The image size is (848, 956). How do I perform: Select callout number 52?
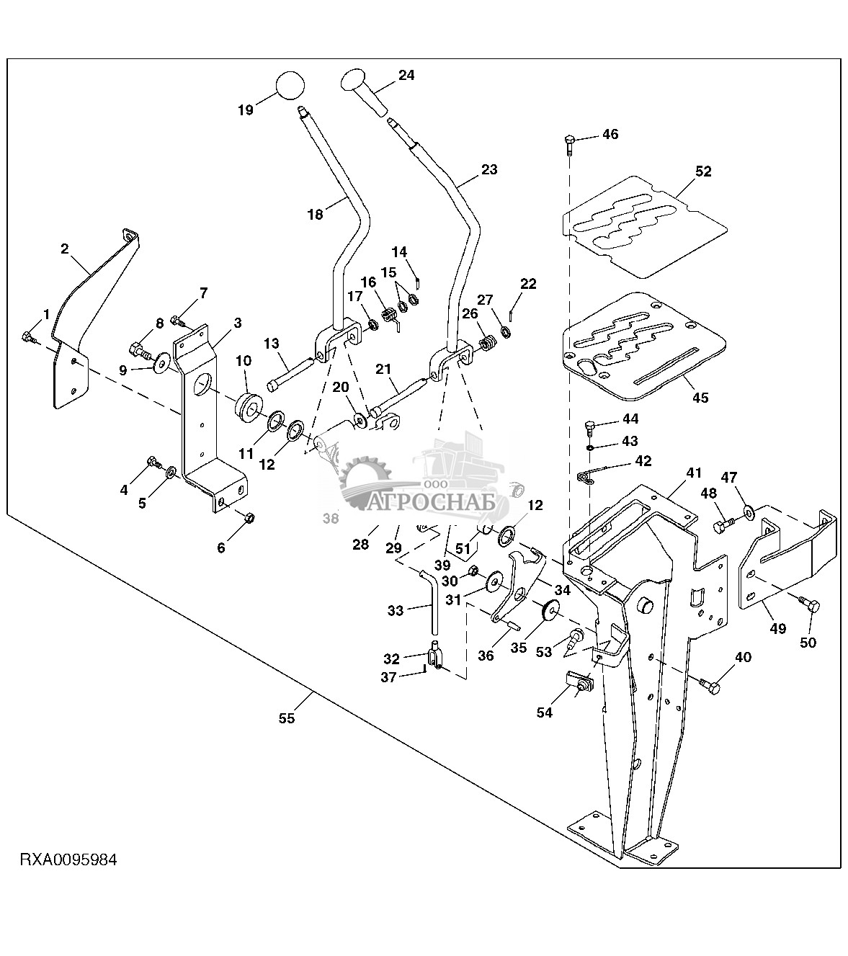coord(703,171)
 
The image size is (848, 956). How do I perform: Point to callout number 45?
coord(700,398)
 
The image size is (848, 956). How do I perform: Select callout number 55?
coord(287,718)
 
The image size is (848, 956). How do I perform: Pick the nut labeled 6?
coord(249,517)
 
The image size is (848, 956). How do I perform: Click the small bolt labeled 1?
coord(29,336)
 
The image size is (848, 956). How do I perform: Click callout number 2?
coord(65,249)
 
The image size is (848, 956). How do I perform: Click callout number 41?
coord(692,473)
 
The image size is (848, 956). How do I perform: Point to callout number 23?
coord(489,170)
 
